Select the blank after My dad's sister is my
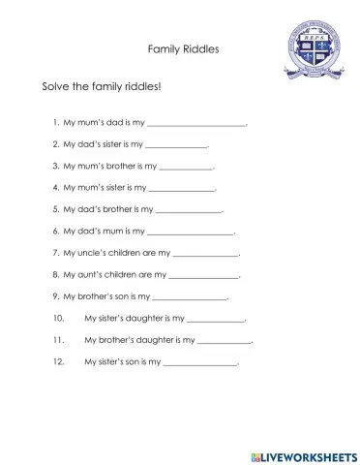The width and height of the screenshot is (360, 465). tap(176, 145)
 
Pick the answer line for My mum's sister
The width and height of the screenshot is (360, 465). tap(182, 189)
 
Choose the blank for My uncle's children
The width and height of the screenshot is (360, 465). tap(205, 254)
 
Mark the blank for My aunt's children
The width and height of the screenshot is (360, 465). tap(204, 275)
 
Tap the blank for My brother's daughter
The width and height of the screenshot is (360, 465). tap(225, 340)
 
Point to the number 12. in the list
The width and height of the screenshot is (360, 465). tap(60, 361)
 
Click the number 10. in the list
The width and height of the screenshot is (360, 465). tap(60, 318)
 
